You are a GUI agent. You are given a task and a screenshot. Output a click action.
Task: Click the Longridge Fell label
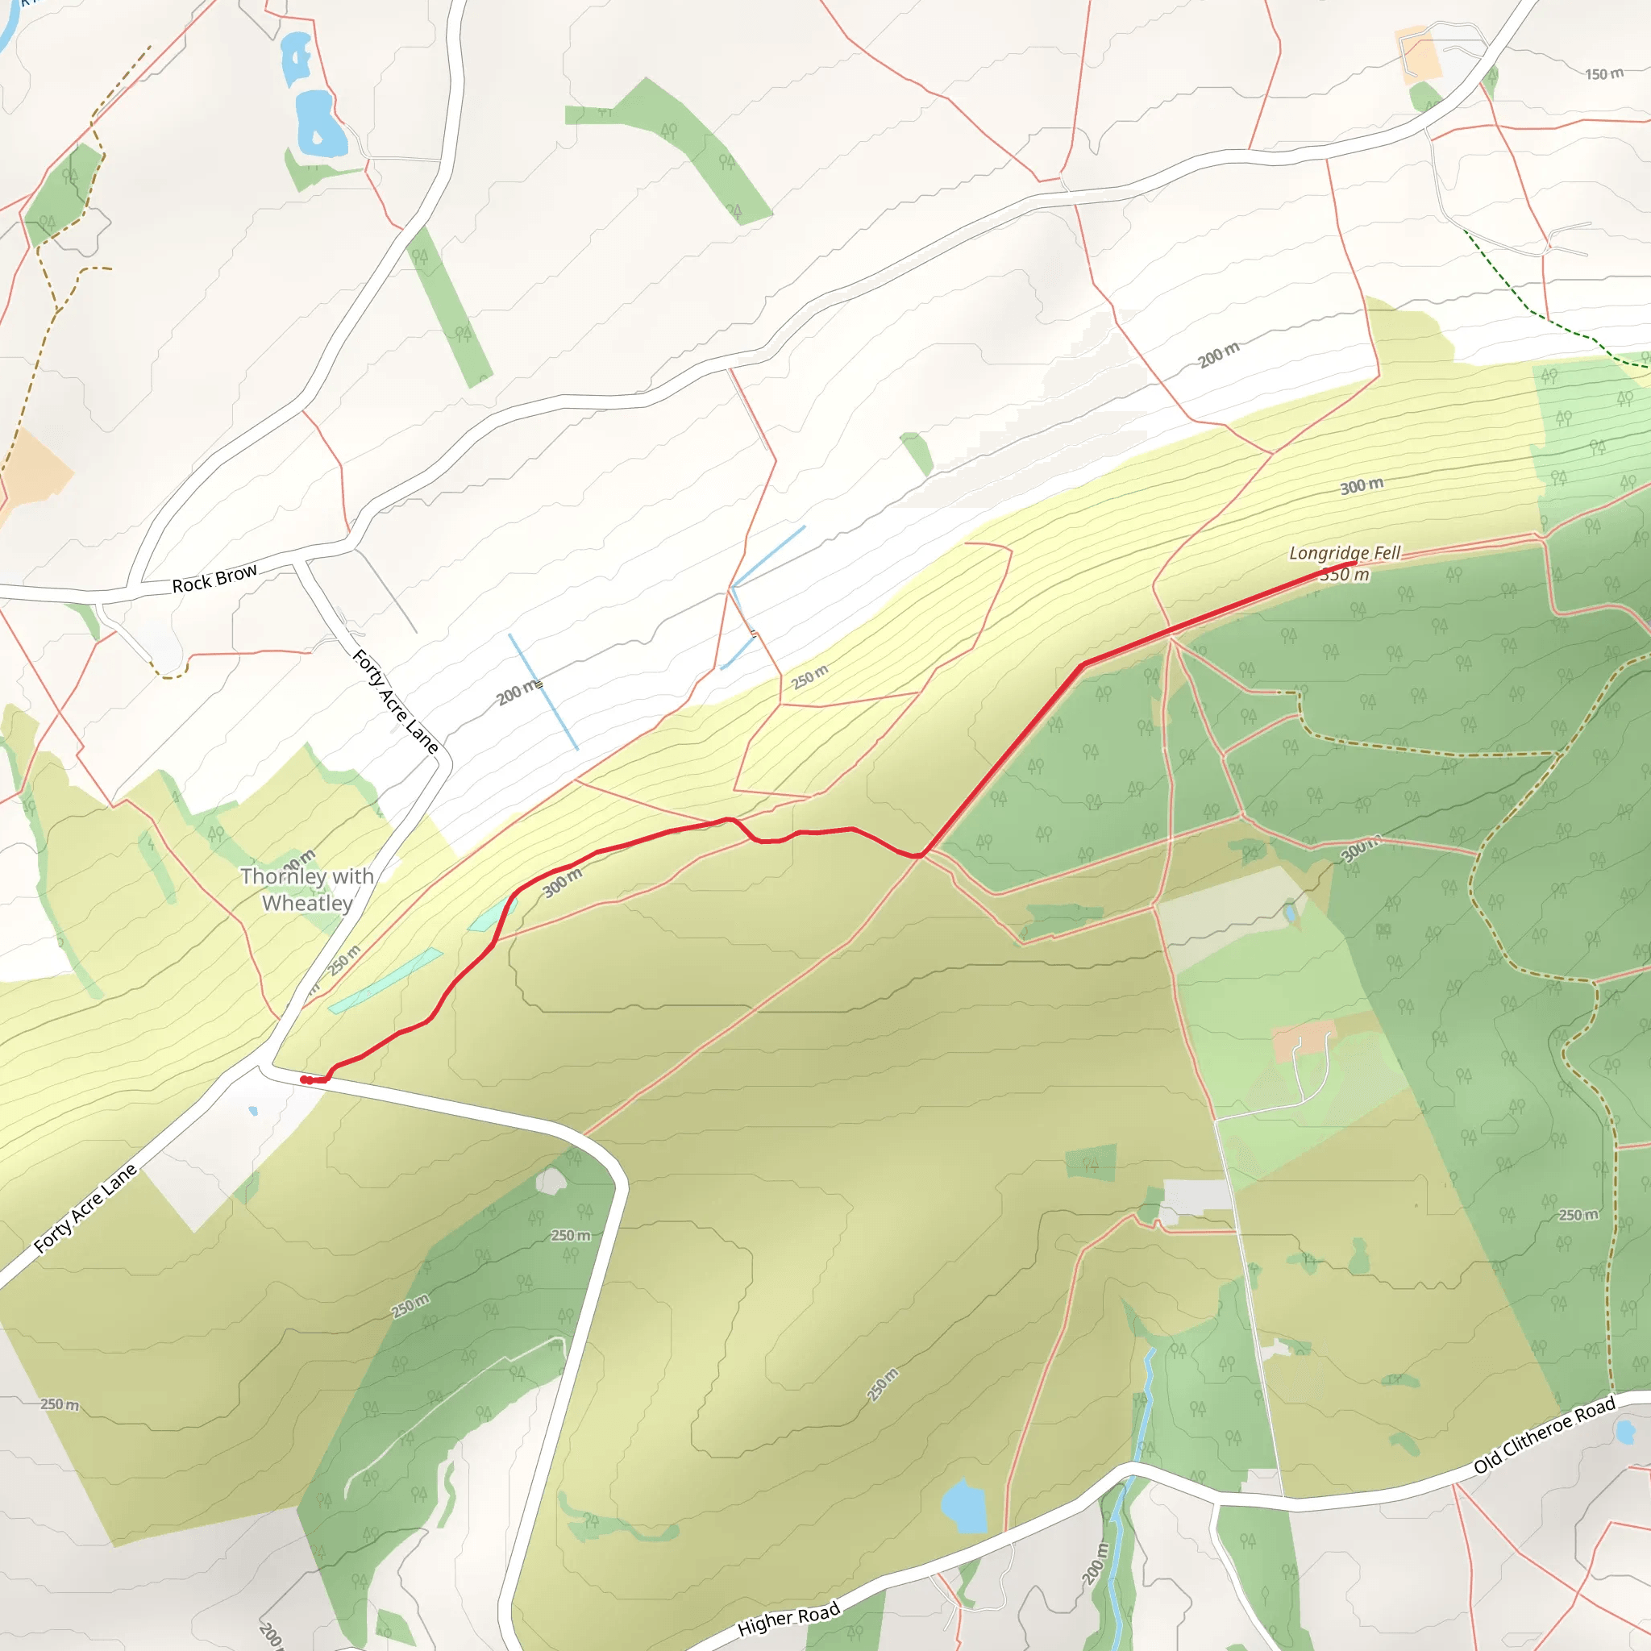[1344, 553]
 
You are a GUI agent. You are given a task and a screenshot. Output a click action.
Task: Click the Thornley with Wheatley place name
[307, 890]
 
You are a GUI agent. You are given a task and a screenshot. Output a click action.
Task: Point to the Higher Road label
[788, 1619]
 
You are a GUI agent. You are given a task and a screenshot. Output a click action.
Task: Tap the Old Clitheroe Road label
[1544, 1435]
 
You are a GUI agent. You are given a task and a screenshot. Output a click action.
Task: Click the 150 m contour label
[1603, 74]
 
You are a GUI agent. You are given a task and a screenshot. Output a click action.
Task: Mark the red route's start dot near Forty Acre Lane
[305, 1079]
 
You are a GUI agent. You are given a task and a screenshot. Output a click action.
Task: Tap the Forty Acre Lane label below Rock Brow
[396, 701]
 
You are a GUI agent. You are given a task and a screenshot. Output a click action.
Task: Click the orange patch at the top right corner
[1420, 56]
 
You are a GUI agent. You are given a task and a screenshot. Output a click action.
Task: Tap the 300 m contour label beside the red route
[563, 881]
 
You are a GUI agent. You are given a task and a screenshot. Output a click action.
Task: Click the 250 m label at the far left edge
[60, 1404]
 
